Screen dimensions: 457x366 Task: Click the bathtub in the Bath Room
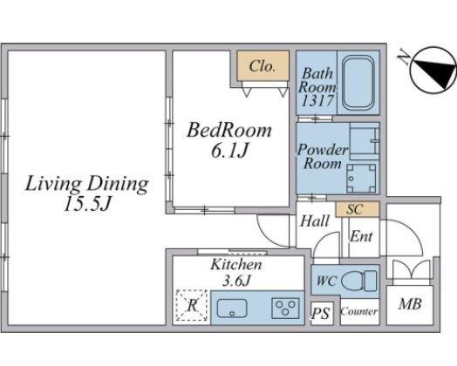(x=358, y=83)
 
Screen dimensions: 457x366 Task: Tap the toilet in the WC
(x=358, y=281)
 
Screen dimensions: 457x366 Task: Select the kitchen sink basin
(x=232, y=308)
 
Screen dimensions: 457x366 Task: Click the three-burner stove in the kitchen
(x=286, y=308)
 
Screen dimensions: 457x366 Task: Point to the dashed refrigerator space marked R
(x=192, y=306)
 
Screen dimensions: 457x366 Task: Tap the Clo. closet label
(x=263, y=66)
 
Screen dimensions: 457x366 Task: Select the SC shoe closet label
(x=355, y=209)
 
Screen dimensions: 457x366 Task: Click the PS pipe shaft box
(x=322, y=314)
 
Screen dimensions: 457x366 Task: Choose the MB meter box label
(x=410, y=304)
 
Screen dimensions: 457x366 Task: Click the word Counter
(x=359, y=312)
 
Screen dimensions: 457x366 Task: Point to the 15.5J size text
(x=87, y=204)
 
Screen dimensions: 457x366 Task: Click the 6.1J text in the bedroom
(x=229, y=151)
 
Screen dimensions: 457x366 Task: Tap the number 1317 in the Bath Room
(x=317, y=101)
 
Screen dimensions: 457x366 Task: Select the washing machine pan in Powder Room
(x=361, y=178)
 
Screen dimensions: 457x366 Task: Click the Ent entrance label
(x=361, y=236)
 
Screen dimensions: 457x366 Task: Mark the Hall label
(x=315, y=221)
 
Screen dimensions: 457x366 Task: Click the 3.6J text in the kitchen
(x=236, y=281)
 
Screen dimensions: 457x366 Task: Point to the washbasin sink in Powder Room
(x=365, y=140)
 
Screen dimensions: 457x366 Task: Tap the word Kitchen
(x=236, y=264)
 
